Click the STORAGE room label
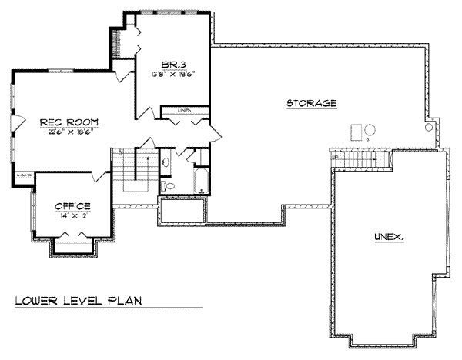tap(311, 103)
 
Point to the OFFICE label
tap(72, 205)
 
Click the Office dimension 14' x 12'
tap(72, 217)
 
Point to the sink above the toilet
tap(166, 162)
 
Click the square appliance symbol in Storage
tap(356, 133)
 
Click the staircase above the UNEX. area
tap(362, 160)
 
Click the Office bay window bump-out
tap(72, 248)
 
